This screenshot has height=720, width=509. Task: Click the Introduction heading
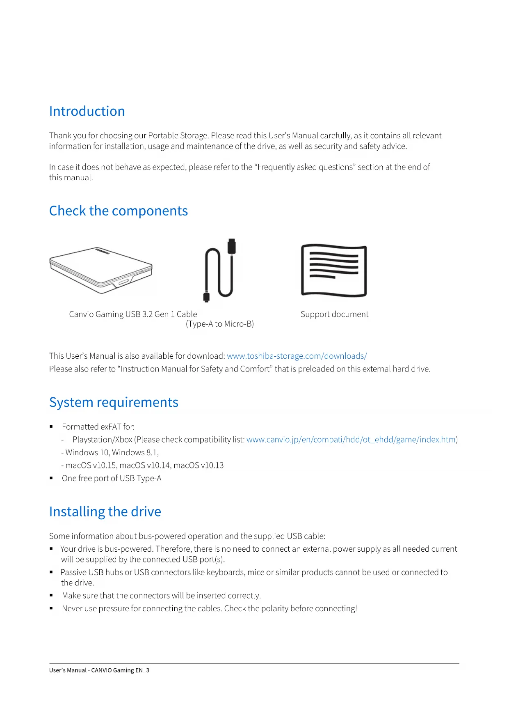[x=87, y=111]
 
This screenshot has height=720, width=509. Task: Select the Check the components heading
[x=118, y=211]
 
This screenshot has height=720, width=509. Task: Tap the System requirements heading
[x=114, y=402]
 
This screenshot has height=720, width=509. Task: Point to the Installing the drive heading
[x=105, y=512]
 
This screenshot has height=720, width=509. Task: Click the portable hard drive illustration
[x=101, y=270]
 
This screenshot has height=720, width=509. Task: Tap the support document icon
[x=334, y=270]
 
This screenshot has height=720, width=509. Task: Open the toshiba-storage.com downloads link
[x=297, y=356]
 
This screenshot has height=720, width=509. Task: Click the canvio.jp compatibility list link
[x=351, y=440]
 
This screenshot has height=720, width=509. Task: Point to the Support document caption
[x=334, y=314]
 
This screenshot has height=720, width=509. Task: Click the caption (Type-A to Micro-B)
[x=220, y=324]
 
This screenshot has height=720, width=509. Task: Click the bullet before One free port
[x=51, y=478]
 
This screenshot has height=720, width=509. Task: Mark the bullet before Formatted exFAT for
[x=51, y=427]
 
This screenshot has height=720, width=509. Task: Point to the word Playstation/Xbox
[x=102, y=440]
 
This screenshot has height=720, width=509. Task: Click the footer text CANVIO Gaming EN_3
[x=120, y=670]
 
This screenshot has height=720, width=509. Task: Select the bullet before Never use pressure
[x=51, y=608]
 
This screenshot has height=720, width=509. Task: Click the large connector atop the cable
[x=232, y=246]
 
